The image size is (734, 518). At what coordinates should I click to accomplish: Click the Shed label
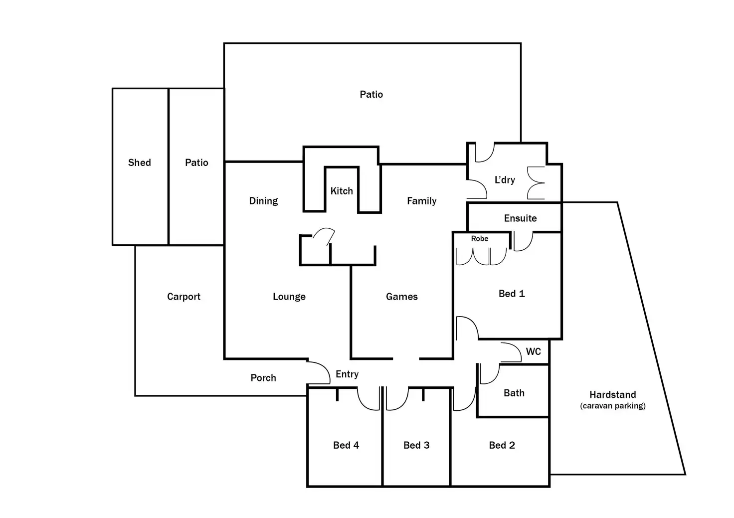click(x=139, y=163)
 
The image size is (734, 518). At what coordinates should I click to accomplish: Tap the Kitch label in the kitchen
click(x=342, y=190)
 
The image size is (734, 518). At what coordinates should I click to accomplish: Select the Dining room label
click(x=263, y=201)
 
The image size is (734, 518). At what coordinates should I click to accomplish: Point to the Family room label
click(x=421, y=201)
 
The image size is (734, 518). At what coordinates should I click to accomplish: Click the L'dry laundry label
click(x=505, y=179)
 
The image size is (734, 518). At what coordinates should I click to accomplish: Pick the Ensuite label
click(x=521, y=218)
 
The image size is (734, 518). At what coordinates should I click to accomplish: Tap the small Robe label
click(x=479, y=238)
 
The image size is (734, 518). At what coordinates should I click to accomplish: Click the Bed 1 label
click(x=512, y=294)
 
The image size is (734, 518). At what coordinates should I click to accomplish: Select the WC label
click(x=533, y=351)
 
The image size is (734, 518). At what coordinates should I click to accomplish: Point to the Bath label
click(x=514, y=393)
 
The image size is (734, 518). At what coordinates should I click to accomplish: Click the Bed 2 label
click(x=502, y=445)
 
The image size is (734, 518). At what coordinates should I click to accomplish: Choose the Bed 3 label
click(x=416, y=445)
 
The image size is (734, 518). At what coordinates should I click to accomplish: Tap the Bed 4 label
click(x=346, y=445)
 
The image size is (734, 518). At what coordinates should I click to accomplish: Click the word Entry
click(x=347, y=374)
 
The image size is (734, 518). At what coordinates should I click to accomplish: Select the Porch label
click(x=263, y=378)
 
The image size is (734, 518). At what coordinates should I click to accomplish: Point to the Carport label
click(x=183, y=297)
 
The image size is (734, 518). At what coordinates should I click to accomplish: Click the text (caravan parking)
click(x=612, y=406)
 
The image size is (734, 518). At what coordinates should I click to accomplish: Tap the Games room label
click(x=402, y=297)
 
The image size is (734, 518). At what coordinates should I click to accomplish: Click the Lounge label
click(x=289, y=297)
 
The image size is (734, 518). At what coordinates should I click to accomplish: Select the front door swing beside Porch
click(x=318, y=372)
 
